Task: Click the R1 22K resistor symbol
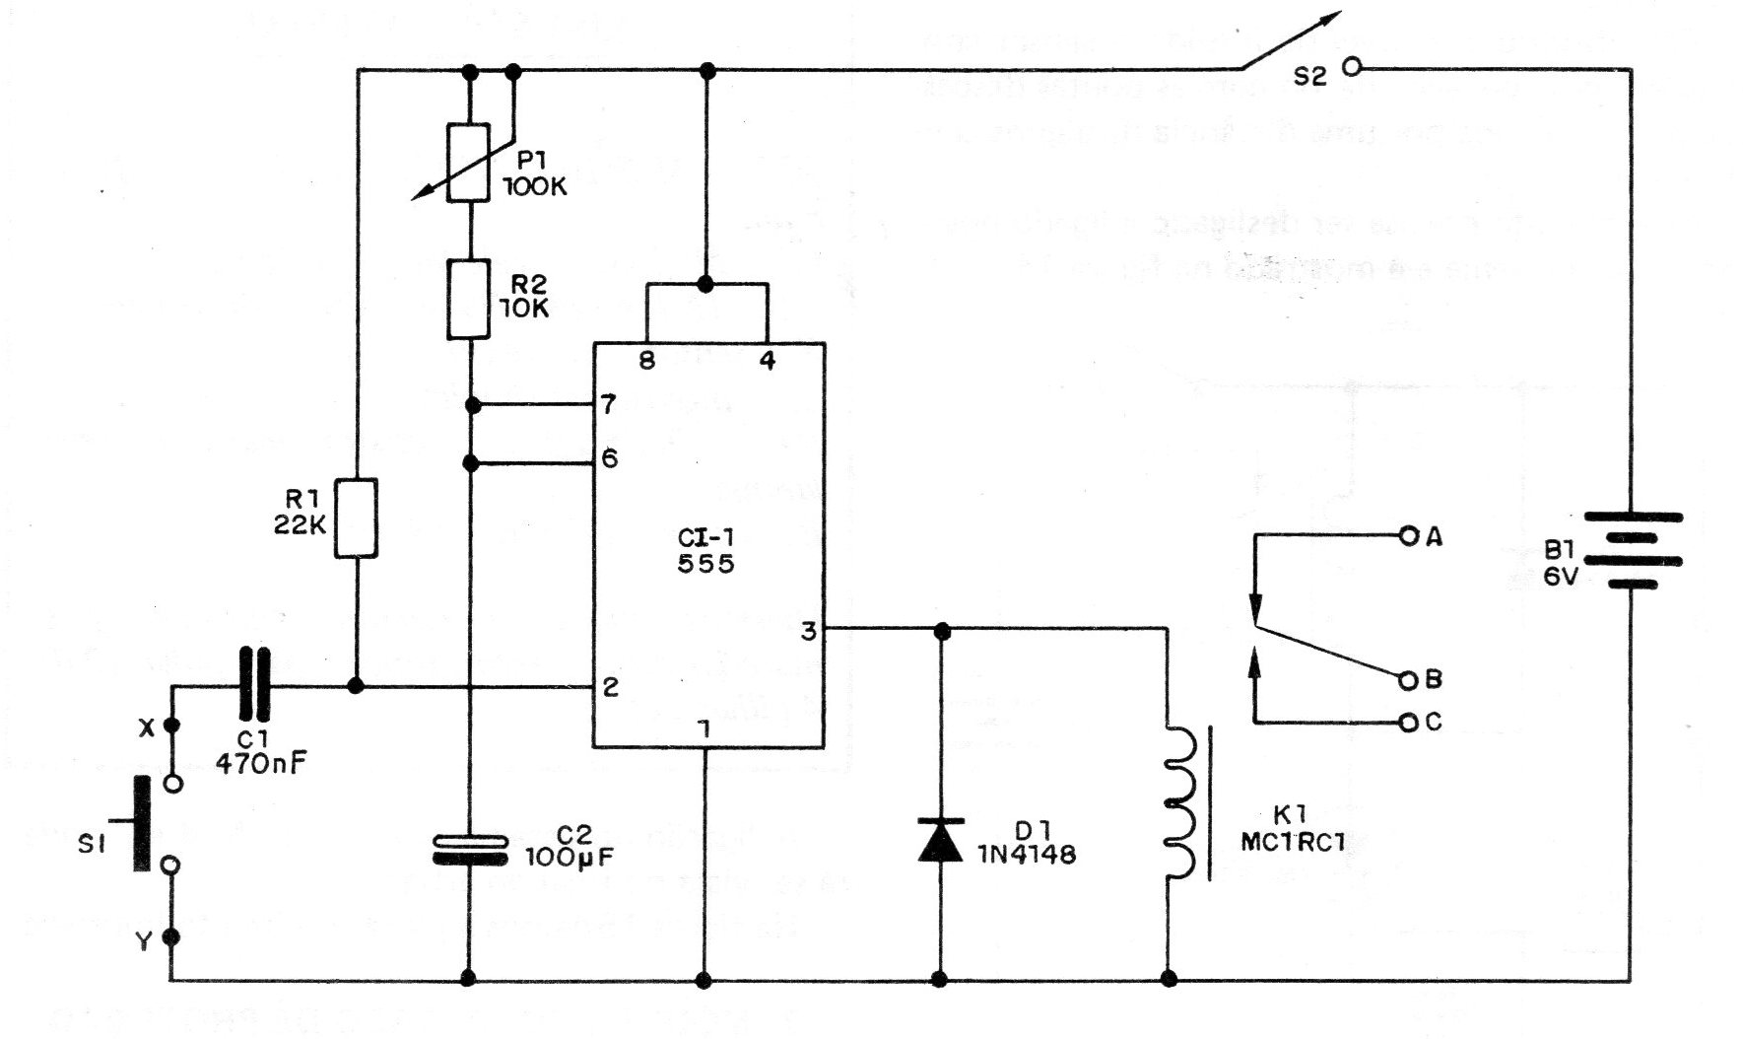click(357, 519)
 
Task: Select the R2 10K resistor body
click(469, 300)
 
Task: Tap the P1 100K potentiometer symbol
click(469, 162)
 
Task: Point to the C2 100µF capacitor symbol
click(469, 850)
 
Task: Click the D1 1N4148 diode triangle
click(940, 840)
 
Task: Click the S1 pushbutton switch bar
click(144, 824)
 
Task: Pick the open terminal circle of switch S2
click(1352, 67)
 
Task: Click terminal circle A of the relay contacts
click(1407, 536)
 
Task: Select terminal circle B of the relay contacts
click(1407, 679)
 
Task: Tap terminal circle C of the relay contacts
click(1407, 723)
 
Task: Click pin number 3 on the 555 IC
click(809, 631)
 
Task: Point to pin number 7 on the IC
click(609, 404)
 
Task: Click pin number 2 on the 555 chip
click(610, 687)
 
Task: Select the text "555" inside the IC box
click(706, 564)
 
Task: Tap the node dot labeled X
click(172, 727)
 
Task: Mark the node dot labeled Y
click(172, 937)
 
